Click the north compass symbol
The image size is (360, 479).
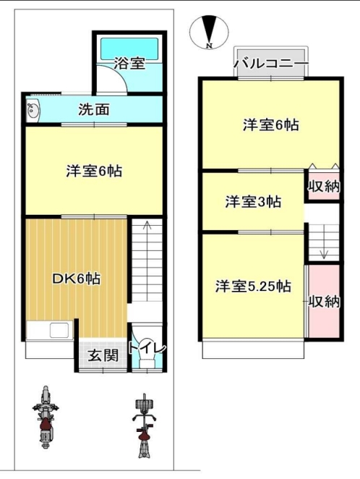tap(209, 31)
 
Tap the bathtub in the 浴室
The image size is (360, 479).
tap(129, 48)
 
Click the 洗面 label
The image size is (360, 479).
tap(94, 110)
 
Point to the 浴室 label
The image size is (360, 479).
tap(129, 63)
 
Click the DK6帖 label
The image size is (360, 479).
tap(77, 279)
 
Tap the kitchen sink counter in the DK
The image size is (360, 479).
tap(49, 330)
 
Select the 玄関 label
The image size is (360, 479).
tap(103, 355)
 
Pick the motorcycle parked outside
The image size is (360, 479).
tap(46, 416)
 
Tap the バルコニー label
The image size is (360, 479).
tap(271, 64)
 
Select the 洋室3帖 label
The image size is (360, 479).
tap(253, 202)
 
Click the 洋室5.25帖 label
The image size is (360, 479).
tap(253, 287)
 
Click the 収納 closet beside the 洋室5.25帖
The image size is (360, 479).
tap(324, 301)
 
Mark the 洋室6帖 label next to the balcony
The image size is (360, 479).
tap(271, 125)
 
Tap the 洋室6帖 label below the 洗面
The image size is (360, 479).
tap(94, 171)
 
